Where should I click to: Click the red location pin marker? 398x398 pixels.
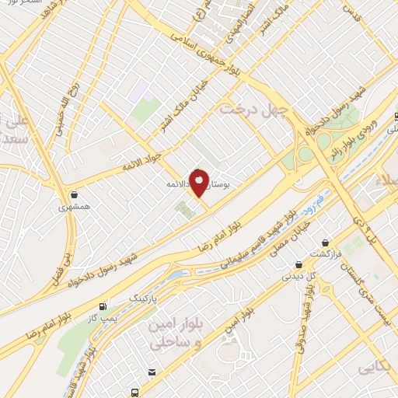pyautogui.click(x=199, y=183)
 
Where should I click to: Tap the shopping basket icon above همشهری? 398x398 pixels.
pyautogui.click(x=73, y=195)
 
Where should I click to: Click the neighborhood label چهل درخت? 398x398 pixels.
pyautogui.click(x=253, y=110)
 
